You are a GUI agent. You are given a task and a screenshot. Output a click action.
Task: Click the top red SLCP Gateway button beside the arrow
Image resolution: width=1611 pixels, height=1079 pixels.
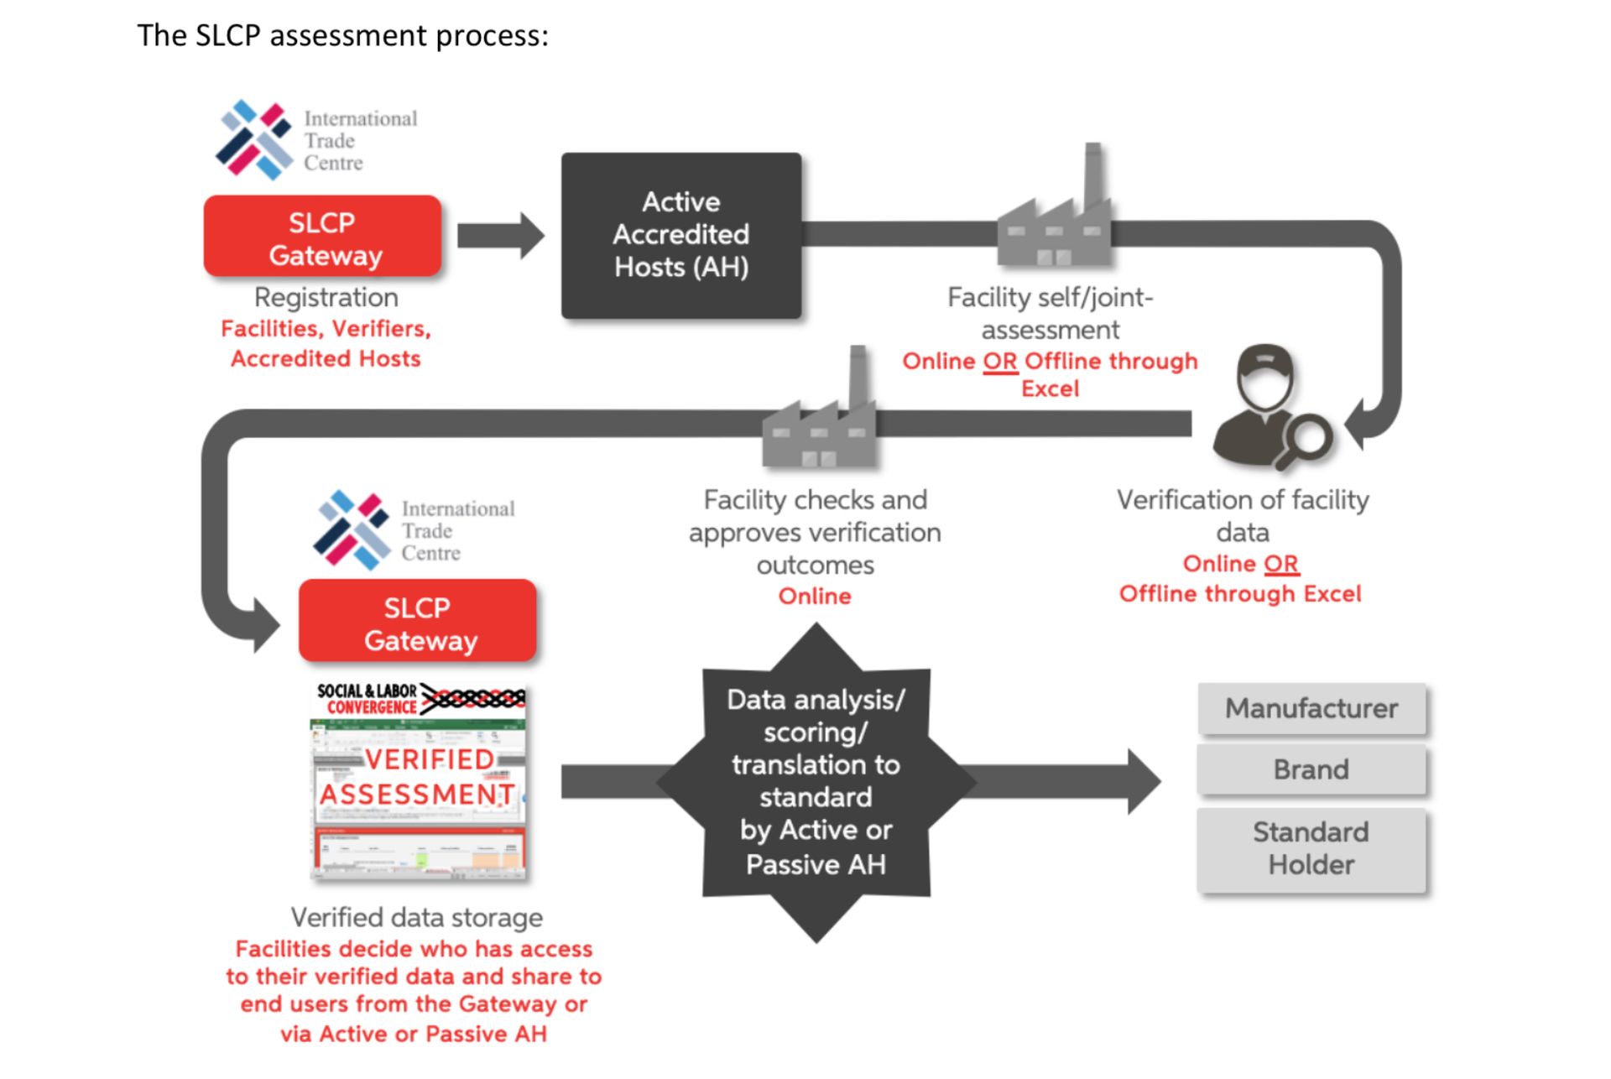322,237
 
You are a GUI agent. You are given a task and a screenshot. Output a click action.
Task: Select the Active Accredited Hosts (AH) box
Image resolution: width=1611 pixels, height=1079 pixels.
680,235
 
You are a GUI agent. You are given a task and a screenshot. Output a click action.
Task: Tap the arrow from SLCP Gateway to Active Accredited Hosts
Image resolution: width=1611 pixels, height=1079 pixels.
501,236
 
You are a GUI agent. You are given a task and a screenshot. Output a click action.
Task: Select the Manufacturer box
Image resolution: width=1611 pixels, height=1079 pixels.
1311,709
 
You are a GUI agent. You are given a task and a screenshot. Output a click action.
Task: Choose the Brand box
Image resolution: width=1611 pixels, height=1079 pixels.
1311,769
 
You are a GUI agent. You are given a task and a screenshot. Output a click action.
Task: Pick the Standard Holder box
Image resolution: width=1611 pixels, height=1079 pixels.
1311,848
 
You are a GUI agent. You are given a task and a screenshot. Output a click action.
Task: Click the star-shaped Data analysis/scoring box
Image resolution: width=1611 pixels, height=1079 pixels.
816,782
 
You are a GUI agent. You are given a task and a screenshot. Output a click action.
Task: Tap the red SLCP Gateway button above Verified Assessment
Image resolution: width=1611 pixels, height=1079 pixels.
418,623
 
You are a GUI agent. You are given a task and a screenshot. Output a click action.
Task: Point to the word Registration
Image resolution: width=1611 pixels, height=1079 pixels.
326,297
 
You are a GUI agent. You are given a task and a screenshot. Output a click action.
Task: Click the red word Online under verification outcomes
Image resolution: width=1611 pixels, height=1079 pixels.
815,597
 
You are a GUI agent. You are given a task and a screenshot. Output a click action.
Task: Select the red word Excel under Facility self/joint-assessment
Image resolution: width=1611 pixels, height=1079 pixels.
1050,389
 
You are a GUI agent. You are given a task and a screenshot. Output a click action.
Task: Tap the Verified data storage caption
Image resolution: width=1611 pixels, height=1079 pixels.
416,917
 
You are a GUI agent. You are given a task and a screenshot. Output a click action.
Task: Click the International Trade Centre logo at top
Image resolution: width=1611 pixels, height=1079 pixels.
317,140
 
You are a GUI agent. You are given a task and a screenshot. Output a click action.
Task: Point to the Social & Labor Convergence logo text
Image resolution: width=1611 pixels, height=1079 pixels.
368,699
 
